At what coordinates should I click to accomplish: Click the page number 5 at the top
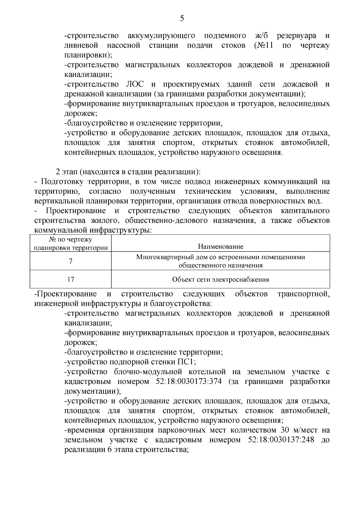(x=182, y=19)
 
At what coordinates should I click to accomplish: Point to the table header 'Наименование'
(x=220, y=247)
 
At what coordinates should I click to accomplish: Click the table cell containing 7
(x=70, y=261)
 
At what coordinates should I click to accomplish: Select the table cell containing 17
(x=70, y=280)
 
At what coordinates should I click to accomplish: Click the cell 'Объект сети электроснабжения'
(x=220, y=280)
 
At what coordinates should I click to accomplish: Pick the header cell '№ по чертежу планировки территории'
(x=70, y=244)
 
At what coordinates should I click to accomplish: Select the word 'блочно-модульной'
(x=148, y=372)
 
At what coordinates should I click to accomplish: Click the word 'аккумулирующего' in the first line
(x=161, y=36)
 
